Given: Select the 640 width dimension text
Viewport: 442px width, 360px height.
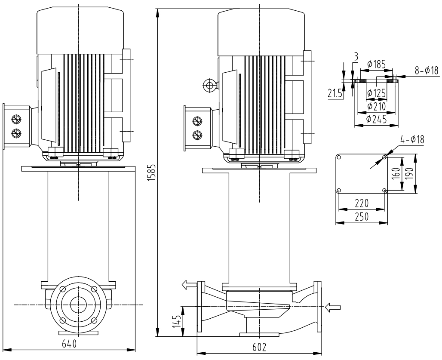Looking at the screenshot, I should click(x=69, y=344).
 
